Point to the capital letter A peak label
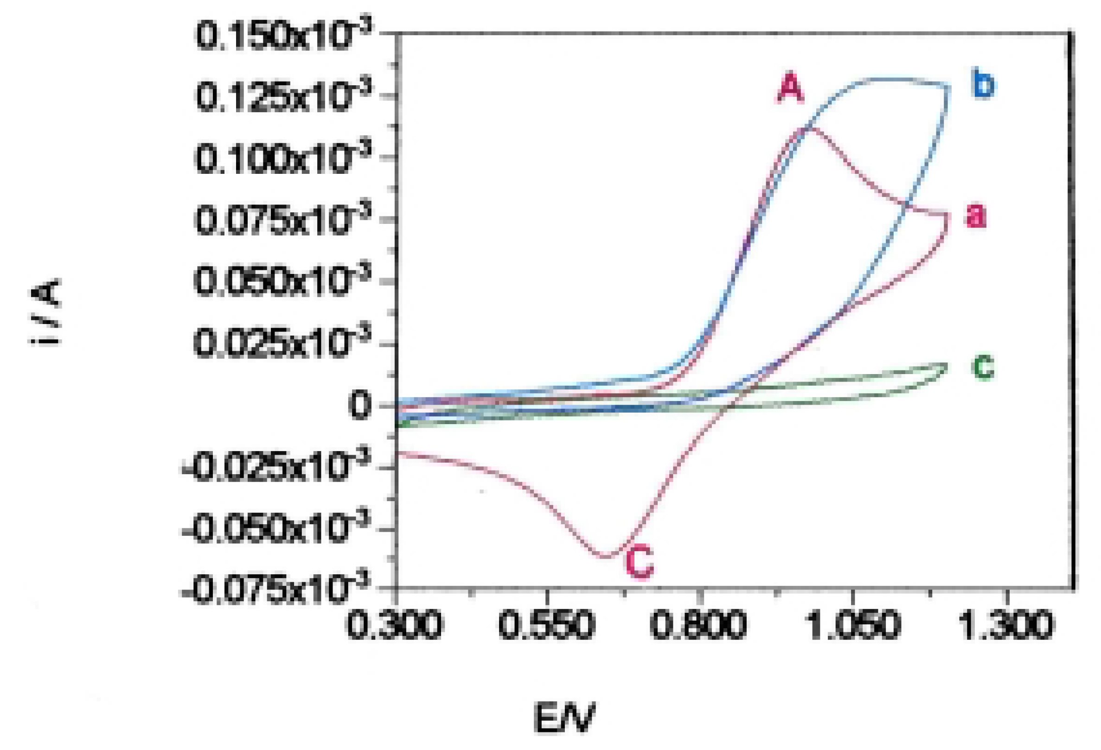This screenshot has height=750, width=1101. pos(791,89)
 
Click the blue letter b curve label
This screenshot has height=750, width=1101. pos(985,86)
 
